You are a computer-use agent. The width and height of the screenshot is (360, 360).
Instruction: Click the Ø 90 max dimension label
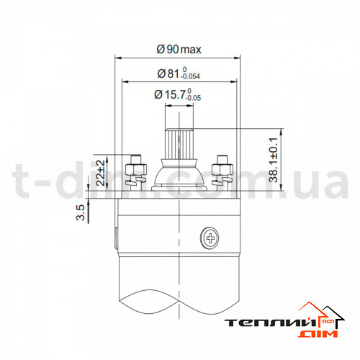(x=179, y=50)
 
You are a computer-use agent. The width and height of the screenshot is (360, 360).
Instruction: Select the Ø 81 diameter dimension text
(x=179, y=73)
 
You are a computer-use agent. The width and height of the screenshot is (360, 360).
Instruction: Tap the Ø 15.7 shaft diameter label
(x=178, y=94)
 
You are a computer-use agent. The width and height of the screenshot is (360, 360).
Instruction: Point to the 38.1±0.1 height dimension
(x=273, y=160)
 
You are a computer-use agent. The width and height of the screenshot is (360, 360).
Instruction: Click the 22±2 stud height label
(x=101, y=173)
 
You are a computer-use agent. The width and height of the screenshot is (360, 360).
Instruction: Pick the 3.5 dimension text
(x=81, y=212)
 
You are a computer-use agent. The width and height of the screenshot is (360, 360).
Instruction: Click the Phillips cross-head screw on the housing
(x=210, y=238)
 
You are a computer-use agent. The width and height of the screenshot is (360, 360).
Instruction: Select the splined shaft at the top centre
(x=179, y=143)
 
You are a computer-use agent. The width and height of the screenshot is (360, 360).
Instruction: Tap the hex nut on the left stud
(x=136, y=170)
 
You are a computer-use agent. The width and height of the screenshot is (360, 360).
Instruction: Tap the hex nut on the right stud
(x=222, y=170)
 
